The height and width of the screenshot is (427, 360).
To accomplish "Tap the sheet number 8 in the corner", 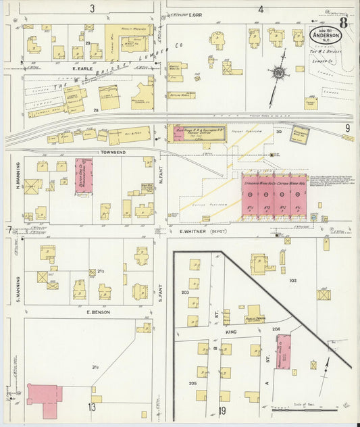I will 344,22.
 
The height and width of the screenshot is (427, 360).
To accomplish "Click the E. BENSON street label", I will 98,312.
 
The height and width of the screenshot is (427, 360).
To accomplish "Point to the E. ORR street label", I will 197,14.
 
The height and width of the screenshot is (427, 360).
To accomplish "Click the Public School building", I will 256,313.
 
